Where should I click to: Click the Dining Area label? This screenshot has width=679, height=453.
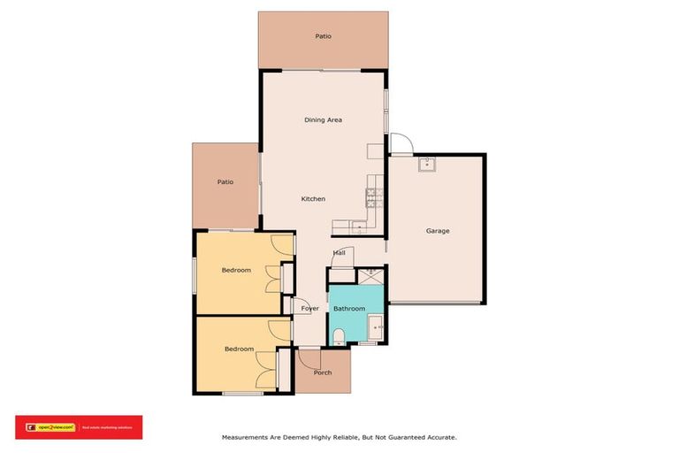click(x=323, y=119)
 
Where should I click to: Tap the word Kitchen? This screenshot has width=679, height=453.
click(x=313, y=199)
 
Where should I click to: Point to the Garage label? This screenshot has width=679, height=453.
click(x=438, y=231)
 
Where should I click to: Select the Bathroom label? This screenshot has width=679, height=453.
click(x=348, y=309)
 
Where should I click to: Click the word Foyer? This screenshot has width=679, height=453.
click(x=309, y=309)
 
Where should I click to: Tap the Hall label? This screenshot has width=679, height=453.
click(x=339, y=253)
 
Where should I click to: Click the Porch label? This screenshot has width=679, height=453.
click(x=323, y=372)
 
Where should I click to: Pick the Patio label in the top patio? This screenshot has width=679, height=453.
click(x=323, y=36)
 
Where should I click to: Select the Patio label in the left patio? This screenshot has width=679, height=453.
click(x=225, y=182)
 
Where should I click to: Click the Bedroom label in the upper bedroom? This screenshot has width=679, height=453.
click(x=236, y=270)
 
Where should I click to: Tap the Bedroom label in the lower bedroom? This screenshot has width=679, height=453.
click(x=239, y=349)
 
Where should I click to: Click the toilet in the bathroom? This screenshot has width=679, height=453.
click(x=339, y=335)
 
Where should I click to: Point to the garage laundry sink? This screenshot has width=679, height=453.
click(x=425, y=163)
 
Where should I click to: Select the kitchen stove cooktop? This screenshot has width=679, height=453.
click(x=374, y=192)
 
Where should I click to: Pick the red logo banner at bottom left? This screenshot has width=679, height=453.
click(x=78, y=427)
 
